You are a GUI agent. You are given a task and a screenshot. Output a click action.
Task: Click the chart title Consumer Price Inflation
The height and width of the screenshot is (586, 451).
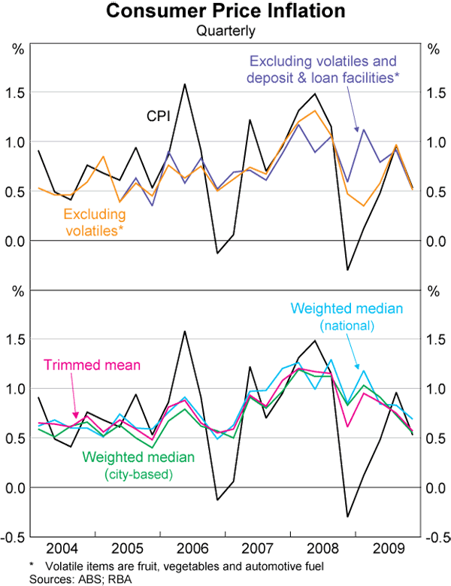pos(225,12)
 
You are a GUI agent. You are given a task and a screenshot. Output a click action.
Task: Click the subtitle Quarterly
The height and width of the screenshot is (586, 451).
pos(225,31)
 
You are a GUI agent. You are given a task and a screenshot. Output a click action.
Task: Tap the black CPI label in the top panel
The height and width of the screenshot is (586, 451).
pos(157,116)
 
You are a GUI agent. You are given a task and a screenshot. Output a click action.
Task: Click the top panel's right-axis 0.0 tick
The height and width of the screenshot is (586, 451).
pos(434,241)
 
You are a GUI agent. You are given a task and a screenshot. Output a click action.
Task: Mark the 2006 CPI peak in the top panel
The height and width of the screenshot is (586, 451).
pos(185,84)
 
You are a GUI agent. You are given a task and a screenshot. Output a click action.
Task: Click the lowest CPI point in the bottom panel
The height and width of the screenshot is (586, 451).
pos(348,517)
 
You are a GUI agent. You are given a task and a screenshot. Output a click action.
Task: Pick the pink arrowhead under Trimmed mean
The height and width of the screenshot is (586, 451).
pos(76,415)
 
